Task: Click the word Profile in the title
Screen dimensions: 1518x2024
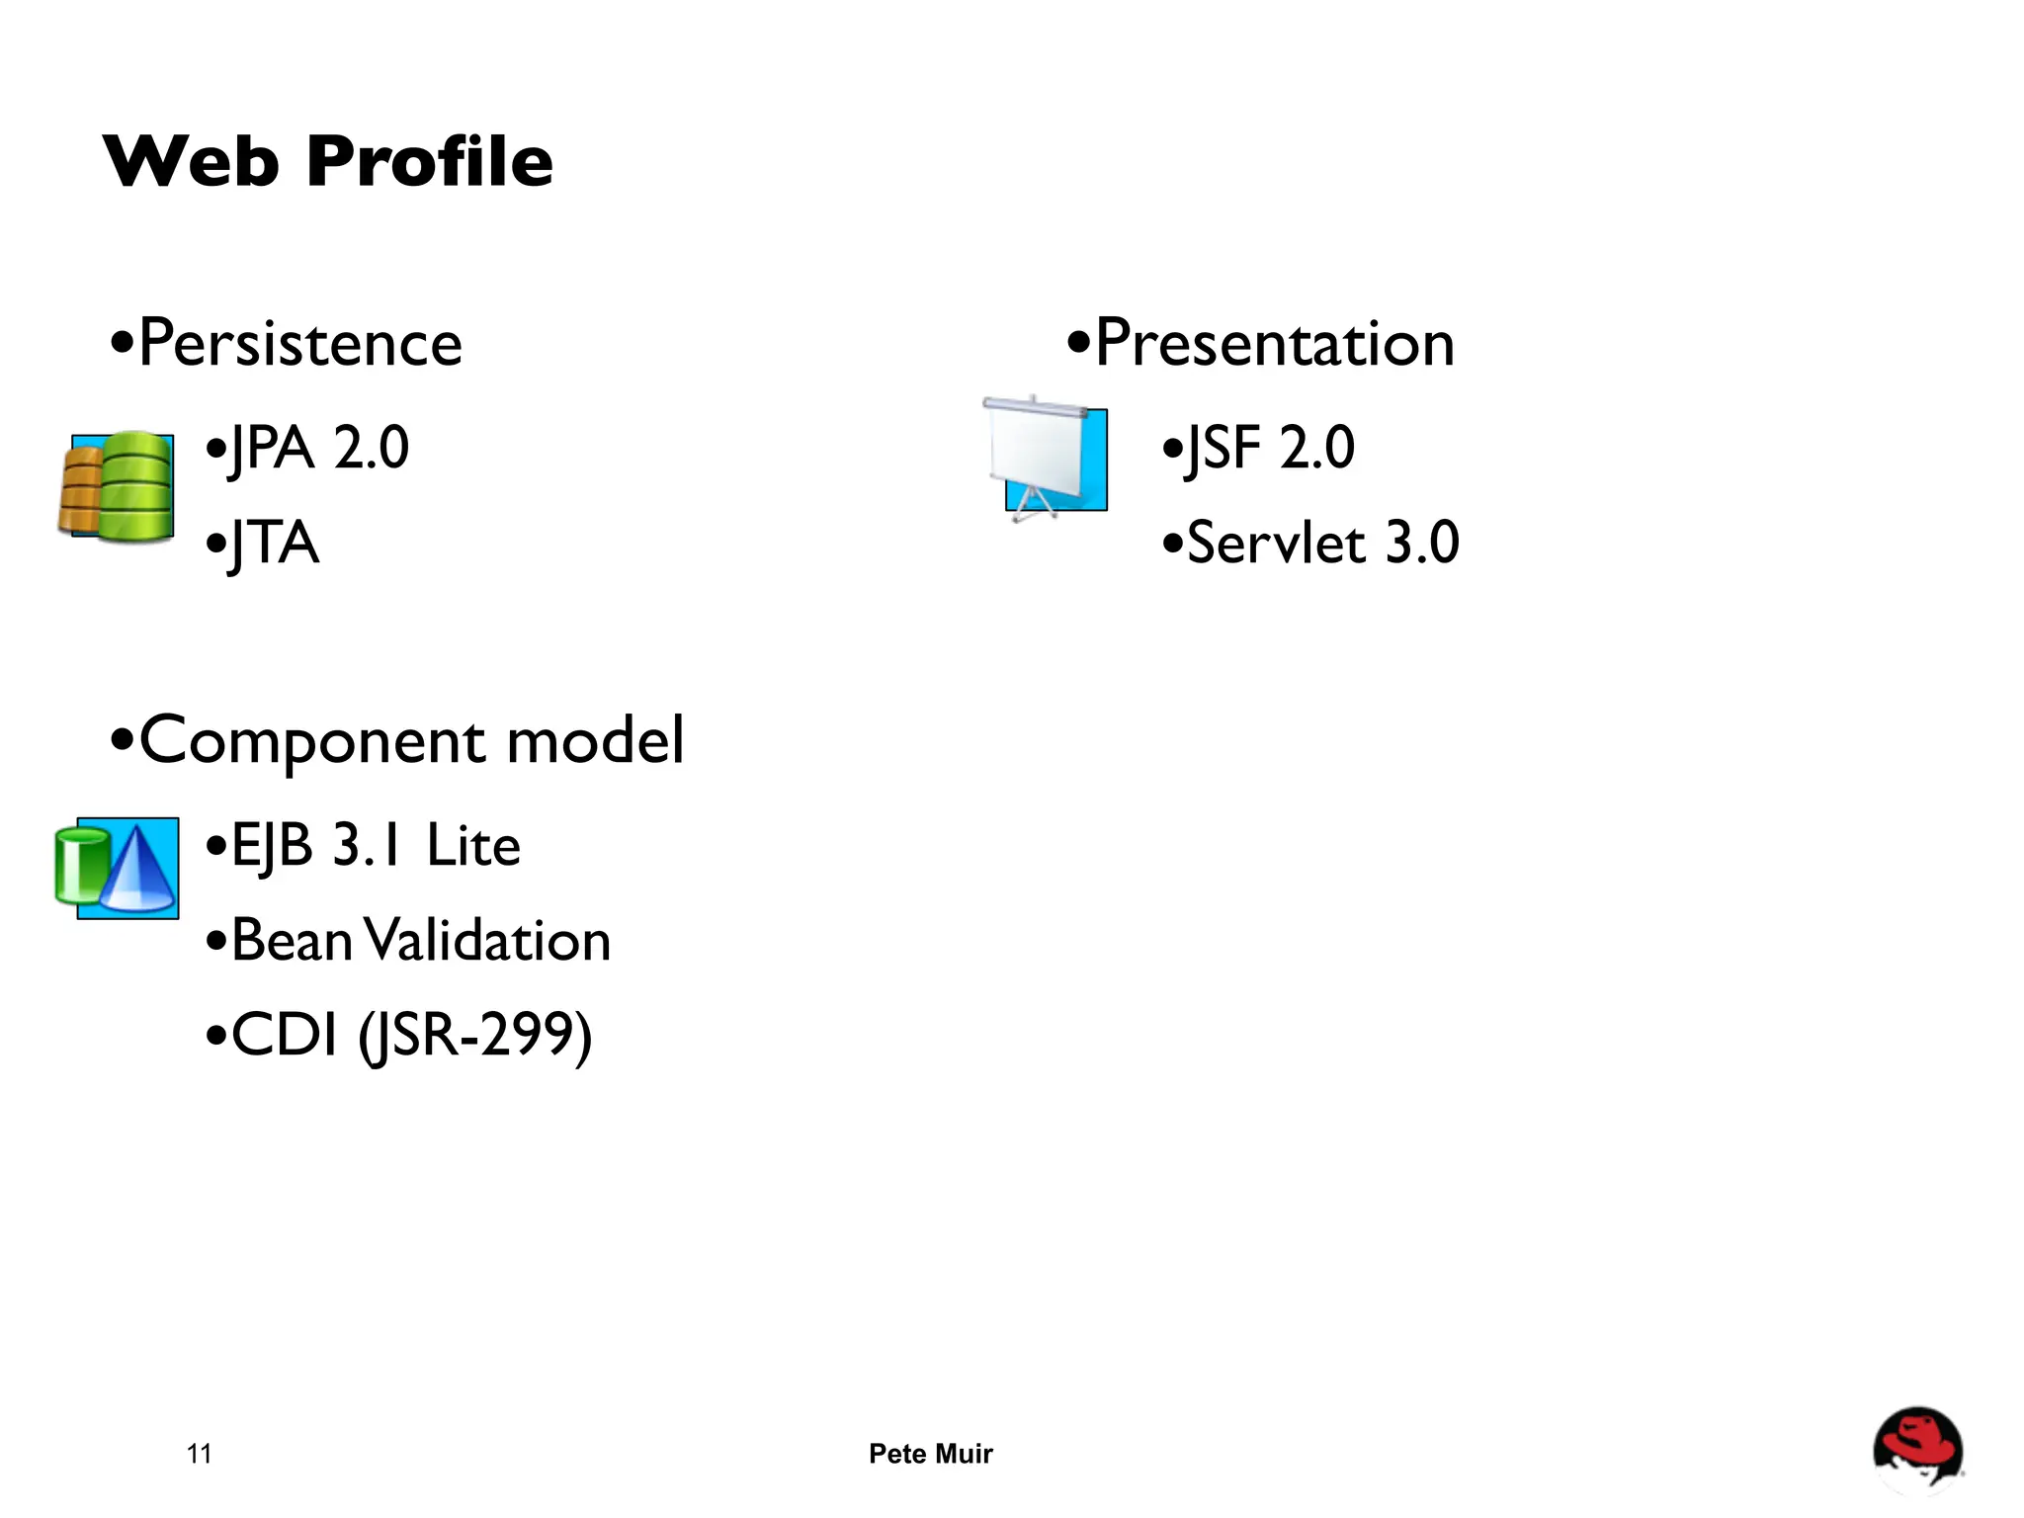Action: pyautogui.click(x=429, y=161)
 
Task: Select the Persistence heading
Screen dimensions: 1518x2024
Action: pyautogui.click(x=299, y=344)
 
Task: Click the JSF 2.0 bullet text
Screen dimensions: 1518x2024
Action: pyautogui.click(x=1269, y=448)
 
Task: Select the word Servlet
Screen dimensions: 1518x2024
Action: pyautogui.click(x=1276, y=544)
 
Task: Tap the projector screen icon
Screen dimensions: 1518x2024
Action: pyautogui.click(x=1046, y=457)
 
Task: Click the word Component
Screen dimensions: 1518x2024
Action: pyautogui.click(x=312, y=741)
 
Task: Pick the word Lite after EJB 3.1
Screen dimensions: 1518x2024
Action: pyautogui.click(x=473, y=846)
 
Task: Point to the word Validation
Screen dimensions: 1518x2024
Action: pyautogui.click(x=488, y=941)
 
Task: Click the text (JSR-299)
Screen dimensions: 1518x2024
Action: pyautogui.click(x=475, y=1036)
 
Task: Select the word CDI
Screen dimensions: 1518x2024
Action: pyautogui.click(x=285, y=1036)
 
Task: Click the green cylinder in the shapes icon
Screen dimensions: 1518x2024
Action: pyautogui.click(x=79, y=866)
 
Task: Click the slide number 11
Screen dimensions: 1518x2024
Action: pyautogui.click(x=199, y=1454)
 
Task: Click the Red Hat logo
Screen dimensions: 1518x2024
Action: pyautogui.click(x=1917, y=1450)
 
